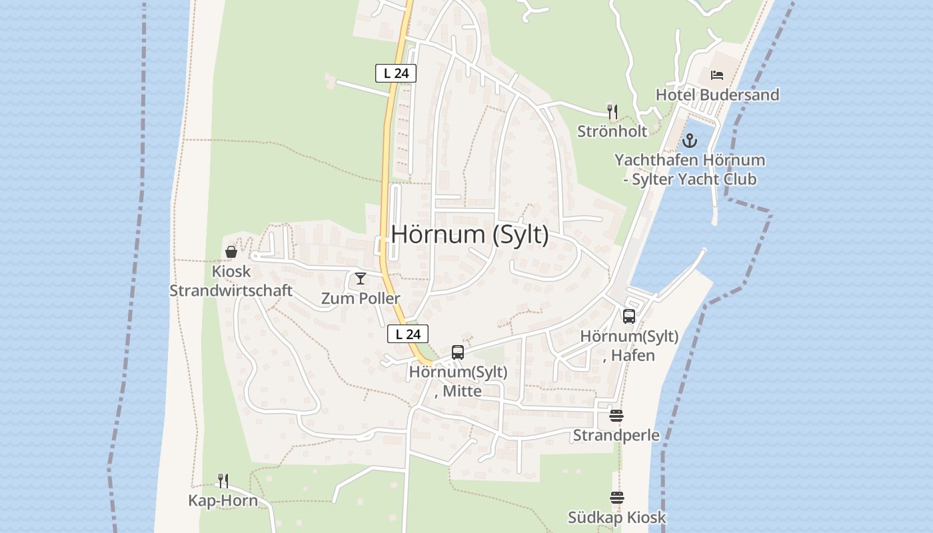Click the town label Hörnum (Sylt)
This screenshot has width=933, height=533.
pos(470,235)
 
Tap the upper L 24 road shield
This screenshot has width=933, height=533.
pos(396,73)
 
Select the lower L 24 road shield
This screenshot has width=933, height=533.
pos(408,334)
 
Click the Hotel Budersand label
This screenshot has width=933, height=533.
pos(717,95)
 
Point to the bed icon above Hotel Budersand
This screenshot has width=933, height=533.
pos(717,75)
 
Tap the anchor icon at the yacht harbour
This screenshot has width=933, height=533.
pos(689,141)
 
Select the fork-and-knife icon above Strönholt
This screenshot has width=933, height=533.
pos(612,111)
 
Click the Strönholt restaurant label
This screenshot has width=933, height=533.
pos(612,131)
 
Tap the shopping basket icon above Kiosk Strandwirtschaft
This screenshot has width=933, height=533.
pos(231,252)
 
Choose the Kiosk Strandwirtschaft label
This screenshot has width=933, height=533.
pos(231,281)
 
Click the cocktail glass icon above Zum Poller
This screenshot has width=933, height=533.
pos(361,278)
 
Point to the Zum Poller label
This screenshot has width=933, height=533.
pos(361,298)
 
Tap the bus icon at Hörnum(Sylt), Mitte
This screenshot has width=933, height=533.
pos(458,352)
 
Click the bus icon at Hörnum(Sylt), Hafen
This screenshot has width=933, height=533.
pos(629,316)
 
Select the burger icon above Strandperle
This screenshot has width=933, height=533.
pos(616,416)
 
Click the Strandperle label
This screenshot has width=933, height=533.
pos(616,436)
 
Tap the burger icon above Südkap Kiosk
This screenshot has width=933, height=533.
pos(616,498)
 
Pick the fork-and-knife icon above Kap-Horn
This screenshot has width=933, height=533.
pos(223,480)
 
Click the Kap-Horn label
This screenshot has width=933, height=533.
pos(223,501)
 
